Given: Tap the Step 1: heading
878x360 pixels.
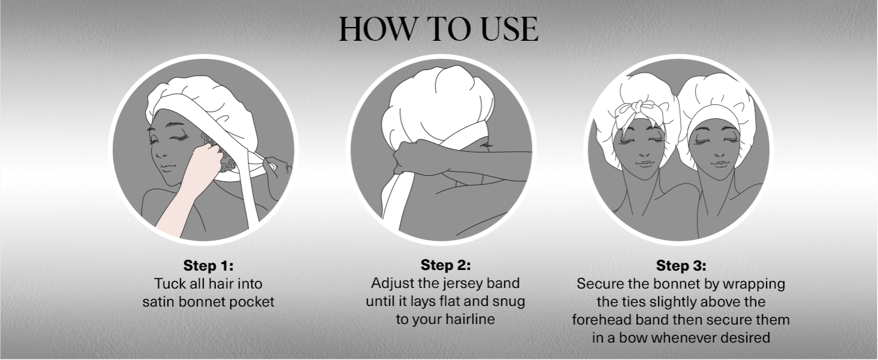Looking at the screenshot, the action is pos(209,265).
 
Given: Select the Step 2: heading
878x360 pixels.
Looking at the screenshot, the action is pos(446,265).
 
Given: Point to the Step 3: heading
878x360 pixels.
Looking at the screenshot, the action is pos(681,265).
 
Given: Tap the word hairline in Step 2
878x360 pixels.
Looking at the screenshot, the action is pos(470,319).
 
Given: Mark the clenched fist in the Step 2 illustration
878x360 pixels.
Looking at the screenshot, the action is pos(416,157).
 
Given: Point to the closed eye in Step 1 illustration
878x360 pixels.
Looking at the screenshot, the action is pos(181,137).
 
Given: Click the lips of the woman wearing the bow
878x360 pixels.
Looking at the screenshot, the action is pos(644,164).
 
